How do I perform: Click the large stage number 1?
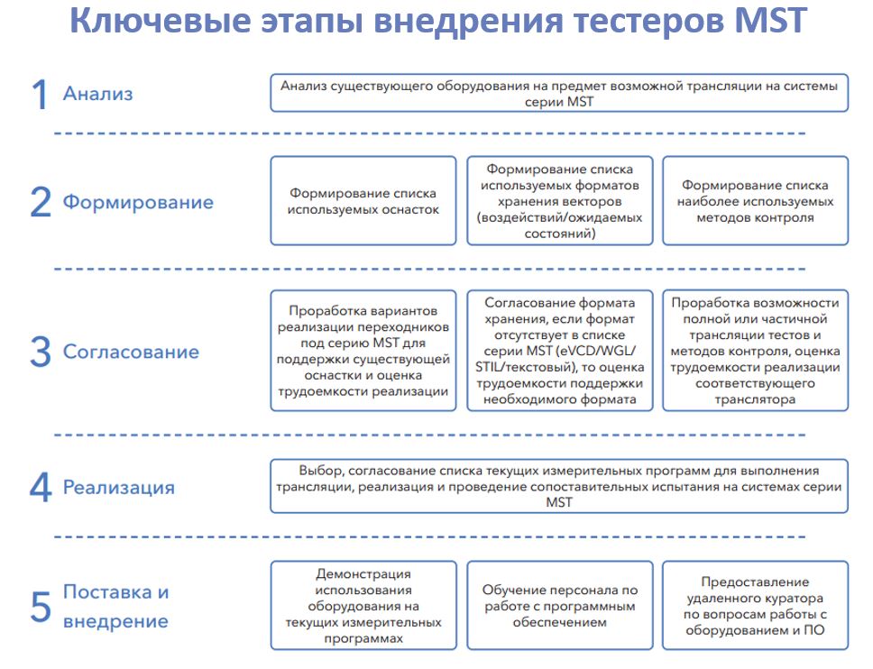pos(40,94)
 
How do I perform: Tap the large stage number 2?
pos(41,202)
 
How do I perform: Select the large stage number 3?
pos(41,352)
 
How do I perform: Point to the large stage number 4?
pos(41,488)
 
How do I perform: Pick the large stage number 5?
pos(41,606)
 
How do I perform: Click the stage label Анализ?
pos(98,94)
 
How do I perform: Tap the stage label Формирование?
pos(138,201)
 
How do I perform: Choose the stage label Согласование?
pos(131,352)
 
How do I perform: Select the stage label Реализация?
pos(119,488)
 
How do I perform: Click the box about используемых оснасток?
pos(363,201)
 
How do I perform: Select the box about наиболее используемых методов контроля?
pos(755,201)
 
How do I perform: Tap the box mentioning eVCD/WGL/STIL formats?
pos(559,351)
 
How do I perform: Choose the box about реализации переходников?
pos(363,351)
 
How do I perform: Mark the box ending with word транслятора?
pos(755,351)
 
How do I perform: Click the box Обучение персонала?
pos(559,606)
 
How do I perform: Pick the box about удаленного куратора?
pos(755,606)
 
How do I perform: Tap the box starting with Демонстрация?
pos(363,606)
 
